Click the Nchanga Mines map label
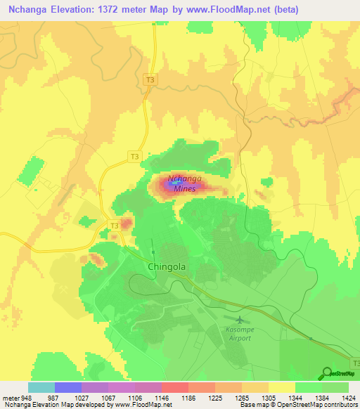pos(186,183)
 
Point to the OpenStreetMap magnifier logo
pos(326,372)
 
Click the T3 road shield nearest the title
pos(148,81)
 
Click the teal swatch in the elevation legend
pos(41,387)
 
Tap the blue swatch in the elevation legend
pos(67,387)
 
